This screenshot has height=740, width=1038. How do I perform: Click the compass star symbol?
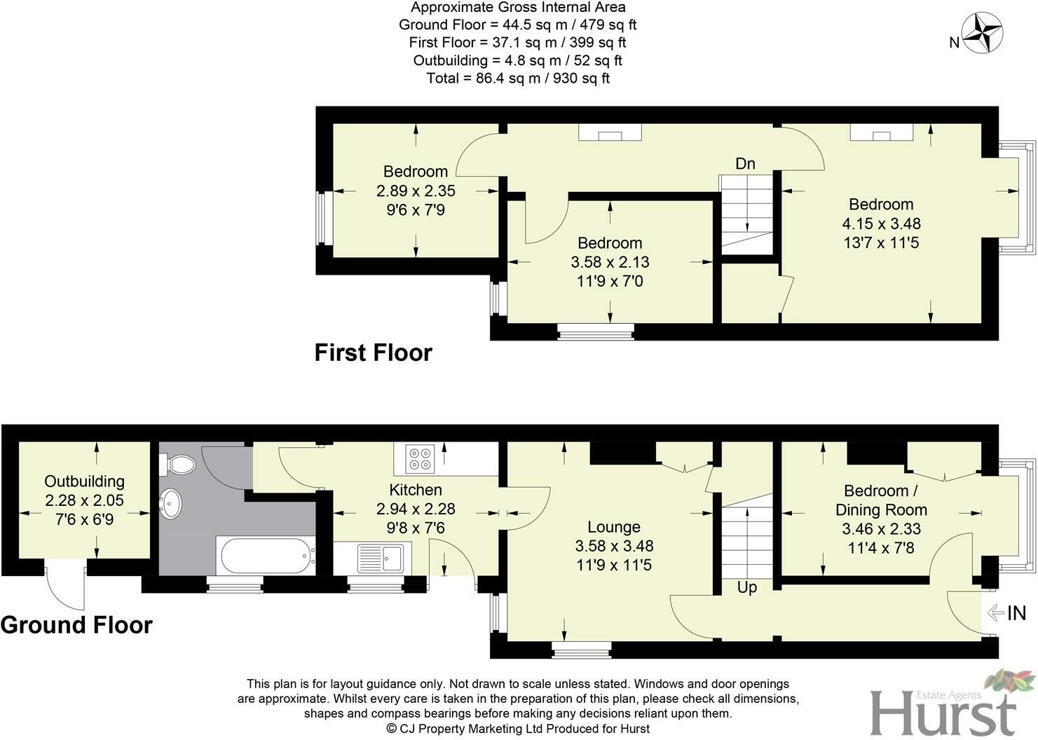[982, 34]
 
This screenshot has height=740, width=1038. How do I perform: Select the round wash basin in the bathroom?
[171, 504]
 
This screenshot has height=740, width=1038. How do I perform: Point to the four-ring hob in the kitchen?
[421, 458]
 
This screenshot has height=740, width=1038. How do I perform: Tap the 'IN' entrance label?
[1016, 614]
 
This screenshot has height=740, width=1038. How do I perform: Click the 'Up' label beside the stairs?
[747, 587]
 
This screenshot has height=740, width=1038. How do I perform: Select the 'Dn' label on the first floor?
[745, 164]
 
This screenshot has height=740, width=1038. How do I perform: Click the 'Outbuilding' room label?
[84, 481]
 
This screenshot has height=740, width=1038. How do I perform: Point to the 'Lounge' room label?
[613, 527]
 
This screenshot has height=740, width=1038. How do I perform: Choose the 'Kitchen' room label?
[416, 490]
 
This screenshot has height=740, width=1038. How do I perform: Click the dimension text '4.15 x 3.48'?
[881, 224]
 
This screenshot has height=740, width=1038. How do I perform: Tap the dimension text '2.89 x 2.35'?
[416, 191]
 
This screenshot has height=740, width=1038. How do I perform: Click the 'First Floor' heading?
[373, 352]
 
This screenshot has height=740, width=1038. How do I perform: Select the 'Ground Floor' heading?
[76, 624]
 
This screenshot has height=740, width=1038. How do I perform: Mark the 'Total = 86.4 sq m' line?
[518, 78]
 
